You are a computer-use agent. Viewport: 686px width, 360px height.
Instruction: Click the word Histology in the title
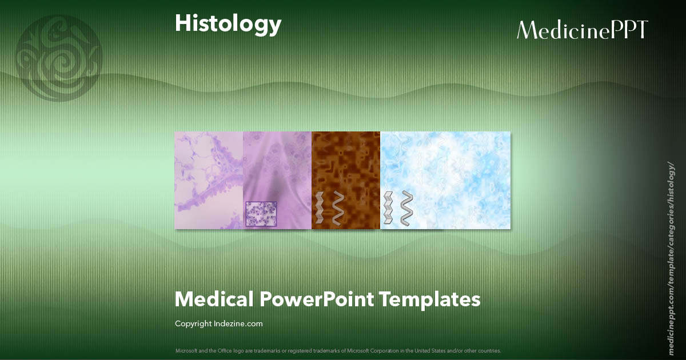coord(228,24)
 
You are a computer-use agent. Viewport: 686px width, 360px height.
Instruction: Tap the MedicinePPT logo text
coord(582,30)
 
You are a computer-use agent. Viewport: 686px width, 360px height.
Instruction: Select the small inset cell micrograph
coord(261,214)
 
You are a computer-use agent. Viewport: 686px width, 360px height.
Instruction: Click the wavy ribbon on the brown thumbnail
coord(338,207)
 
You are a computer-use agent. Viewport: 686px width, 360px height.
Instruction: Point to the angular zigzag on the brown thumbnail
coord(319,207)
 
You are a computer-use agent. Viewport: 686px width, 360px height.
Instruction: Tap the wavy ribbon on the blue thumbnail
coord(406,208)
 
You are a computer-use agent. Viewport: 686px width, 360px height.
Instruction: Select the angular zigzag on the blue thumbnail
coord(388,208)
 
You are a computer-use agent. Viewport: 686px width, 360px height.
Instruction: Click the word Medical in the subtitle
coord(214,299)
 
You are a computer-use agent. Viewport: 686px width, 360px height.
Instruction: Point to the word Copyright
coord(193,324)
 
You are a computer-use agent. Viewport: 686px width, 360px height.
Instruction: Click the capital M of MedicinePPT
coord(527,30)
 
